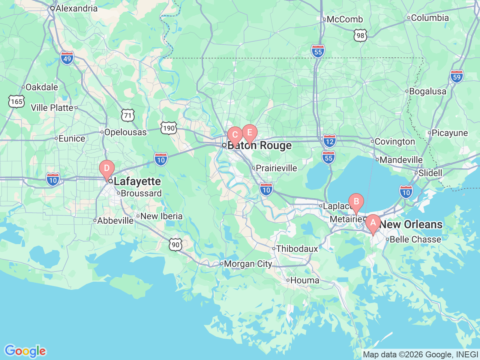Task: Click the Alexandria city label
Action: tap(76, 8)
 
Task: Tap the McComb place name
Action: tap(345, 19)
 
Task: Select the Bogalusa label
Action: tap(427, 91)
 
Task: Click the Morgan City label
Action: tap(247, 264)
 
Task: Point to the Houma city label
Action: tap(304, 280)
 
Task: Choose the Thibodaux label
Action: tap(297, 249)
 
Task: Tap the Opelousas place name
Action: tap(125, 132)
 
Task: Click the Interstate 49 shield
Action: tap(67, 58)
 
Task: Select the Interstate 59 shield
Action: tap(456, 76)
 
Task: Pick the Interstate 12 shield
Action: tap(329, 141)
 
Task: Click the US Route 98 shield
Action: tap(360, 36)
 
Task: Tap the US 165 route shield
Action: tap(16, 102)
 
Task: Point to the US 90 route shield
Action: tap(175, 244)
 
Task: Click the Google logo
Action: tap(25, 351)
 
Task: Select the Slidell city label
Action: tap(430, 173)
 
